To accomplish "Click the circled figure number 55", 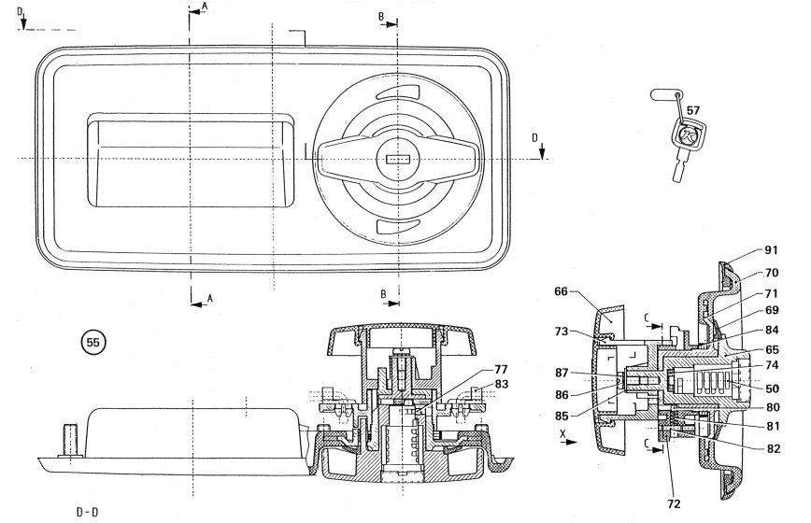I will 92,343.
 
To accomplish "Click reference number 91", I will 771,250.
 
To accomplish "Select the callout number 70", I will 771,273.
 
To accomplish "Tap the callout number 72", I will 675,503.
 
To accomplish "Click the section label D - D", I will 89,512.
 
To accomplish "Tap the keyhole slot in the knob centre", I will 397,160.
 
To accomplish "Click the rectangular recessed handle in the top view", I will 190,160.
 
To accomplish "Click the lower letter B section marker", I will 383,294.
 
